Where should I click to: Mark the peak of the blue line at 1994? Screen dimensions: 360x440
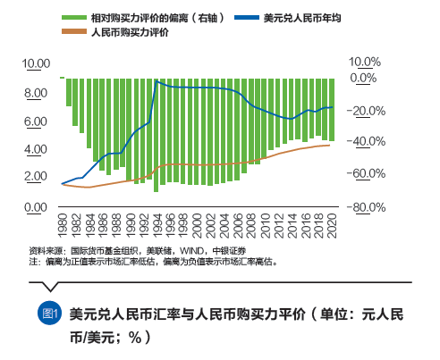[157, 81]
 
